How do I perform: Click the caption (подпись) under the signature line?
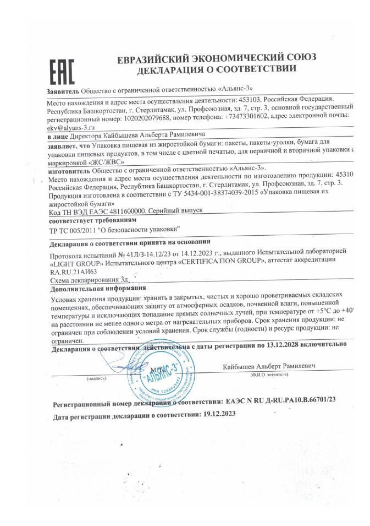(97, 379)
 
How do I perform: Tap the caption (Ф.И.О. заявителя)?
(269, 374)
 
